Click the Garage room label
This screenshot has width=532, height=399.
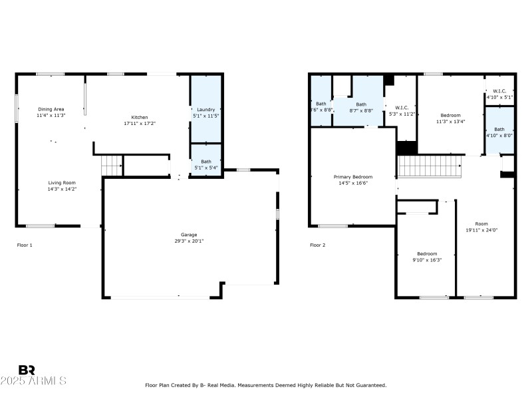click(188, 234)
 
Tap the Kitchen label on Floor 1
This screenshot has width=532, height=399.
click(140, 117)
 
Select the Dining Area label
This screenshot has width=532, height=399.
click(51, 109)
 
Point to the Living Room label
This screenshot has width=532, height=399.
click(61, 182)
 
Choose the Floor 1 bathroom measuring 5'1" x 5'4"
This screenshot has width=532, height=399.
click(206, 164)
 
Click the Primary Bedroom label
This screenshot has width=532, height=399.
click(353, 177)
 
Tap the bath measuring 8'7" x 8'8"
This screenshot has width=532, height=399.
click(360, 107)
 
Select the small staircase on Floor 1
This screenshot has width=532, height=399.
click(112, 165)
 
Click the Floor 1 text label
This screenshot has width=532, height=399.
click(25, 245)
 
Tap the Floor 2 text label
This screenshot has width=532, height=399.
click(317, 245)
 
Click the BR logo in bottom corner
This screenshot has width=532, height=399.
click(27, 370)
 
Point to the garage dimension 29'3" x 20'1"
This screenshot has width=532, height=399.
click(188, 241)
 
